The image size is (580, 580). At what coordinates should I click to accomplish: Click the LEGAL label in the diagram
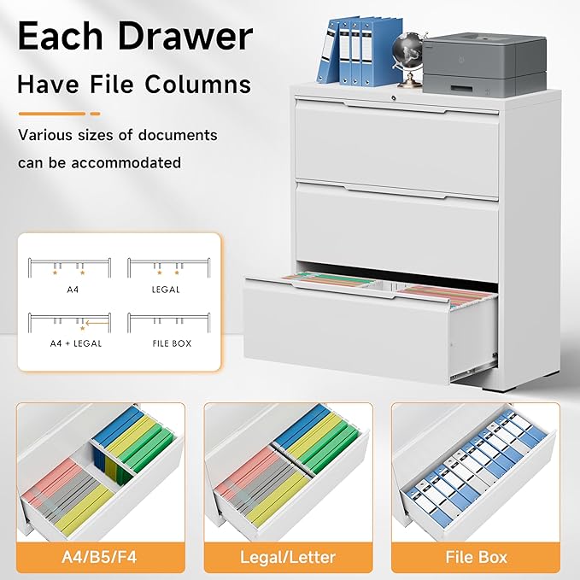(x=165, y=289)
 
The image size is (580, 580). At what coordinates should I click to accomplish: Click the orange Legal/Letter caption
(x=290, y=558)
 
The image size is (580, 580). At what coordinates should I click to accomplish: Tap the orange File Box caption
(x=476, y=558)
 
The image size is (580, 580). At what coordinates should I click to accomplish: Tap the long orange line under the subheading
(x=51, y=113)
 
